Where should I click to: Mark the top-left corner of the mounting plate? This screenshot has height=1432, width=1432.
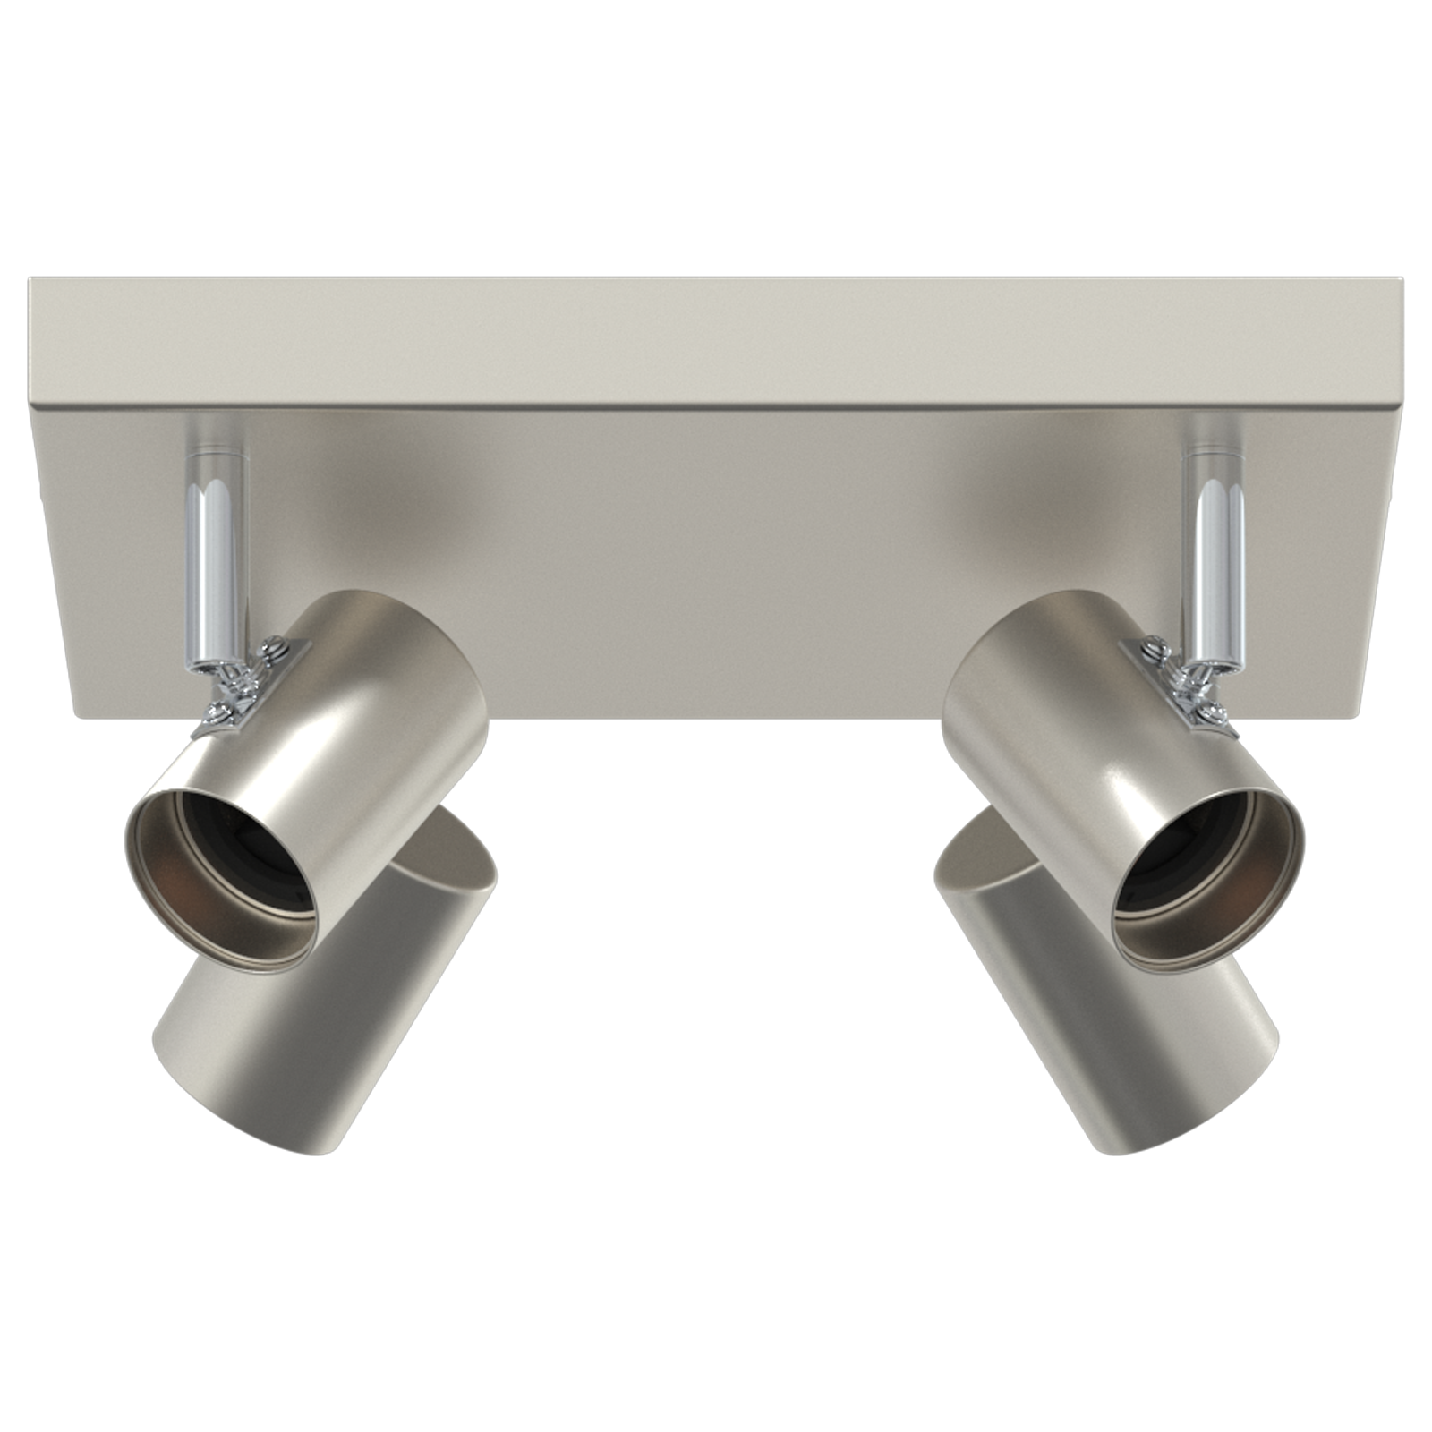click(x=30, y=279)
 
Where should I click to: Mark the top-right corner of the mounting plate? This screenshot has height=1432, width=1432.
click(x=1403, y=279)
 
